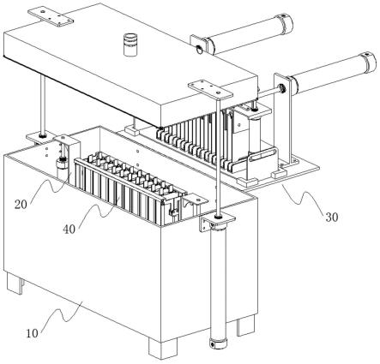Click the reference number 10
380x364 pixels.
(32, 333)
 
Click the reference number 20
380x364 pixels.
(21, 205)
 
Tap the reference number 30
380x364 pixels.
(332, 218)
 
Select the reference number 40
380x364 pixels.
(69, 229)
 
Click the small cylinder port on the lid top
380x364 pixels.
(130, 45)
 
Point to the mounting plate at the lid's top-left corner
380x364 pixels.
(51, 17)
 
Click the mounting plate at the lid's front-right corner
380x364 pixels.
(210, 90)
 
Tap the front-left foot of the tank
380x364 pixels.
(15, 283)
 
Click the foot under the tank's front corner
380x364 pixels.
(163, 348)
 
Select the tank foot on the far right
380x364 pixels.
(246, 325)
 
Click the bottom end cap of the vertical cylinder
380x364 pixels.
(218, 343)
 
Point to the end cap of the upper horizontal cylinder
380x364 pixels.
(287, 22)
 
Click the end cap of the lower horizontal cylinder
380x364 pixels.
(369, 61)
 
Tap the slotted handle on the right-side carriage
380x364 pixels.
(262, 156)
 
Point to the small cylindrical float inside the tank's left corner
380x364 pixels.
(61, 169)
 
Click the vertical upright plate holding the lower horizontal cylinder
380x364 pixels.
(282, 120)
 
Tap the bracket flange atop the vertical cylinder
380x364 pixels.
(218, 220)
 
